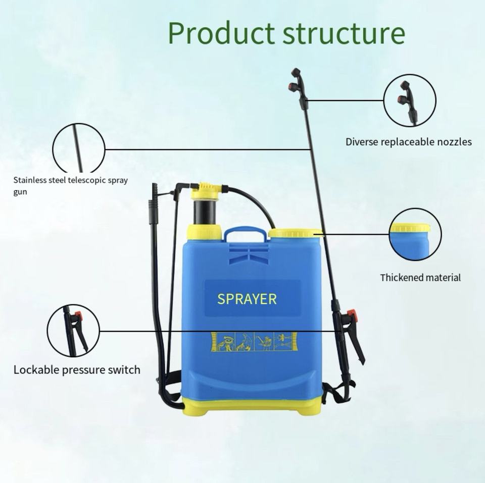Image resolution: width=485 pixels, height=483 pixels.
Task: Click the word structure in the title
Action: coord(344,33)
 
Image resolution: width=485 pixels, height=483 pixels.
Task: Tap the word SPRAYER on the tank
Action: coord(247,299)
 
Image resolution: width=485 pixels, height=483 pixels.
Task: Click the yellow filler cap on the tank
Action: coord(296,233)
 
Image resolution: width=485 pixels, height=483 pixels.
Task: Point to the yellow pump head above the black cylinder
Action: coord(206,190)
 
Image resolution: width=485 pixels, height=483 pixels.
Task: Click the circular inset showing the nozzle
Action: coord(410,100)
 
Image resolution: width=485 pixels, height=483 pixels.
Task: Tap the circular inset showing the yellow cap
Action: coord(415,234)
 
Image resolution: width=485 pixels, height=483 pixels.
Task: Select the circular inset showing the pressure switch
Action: coord(74,331)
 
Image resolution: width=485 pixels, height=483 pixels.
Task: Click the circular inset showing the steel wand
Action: coord(79,149)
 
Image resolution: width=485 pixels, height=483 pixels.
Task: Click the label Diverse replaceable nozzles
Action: coord(408,142)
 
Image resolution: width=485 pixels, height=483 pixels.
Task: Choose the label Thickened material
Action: coord(420,278)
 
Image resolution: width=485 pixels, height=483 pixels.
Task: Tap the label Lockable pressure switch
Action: coord(77,370)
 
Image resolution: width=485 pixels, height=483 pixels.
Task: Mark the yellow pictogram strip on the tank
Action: coord(251,342)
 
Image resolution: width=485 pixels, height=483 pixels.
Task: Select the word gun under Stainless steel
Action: coord(20,192)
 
